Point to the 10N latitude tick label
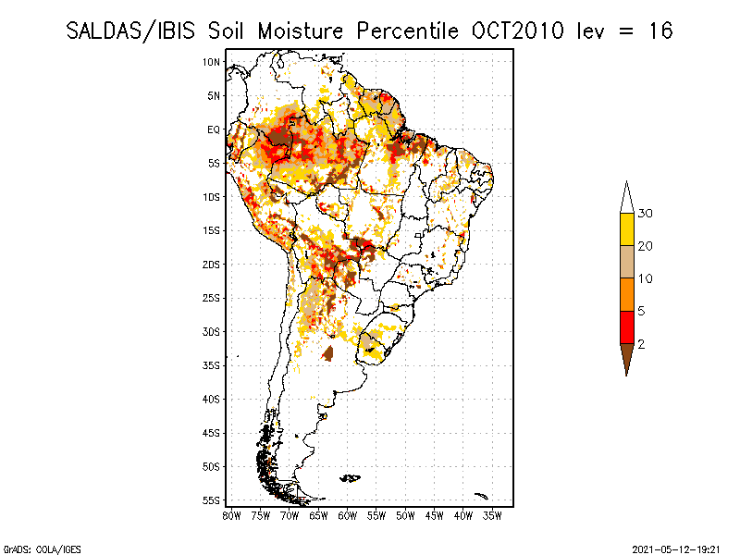[x=212, y=62]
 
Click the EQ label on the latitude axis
[x=214, y=129]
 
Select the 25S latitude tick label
[x=212, y=298]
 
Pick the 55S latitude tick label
[x=212, y=500]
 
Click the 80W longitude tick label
[x=231, y=516]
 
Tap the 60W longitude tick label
[x=347, y=516]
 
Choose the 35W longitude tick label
[x=492, y=516]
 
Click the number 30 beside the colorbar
[x=646, y=214]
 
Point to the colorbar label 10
[x=646, y=278]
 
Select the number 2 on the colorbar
[x=641, y=343]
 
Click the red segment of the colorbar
[x=626, y=327]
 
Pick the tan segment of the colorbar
[x=626, y=262]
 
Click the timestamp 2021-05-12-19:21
[x=677, y=548]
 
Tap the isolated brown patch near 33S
[x=328, y=353]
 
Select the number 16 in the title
[x=660, y=31]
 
